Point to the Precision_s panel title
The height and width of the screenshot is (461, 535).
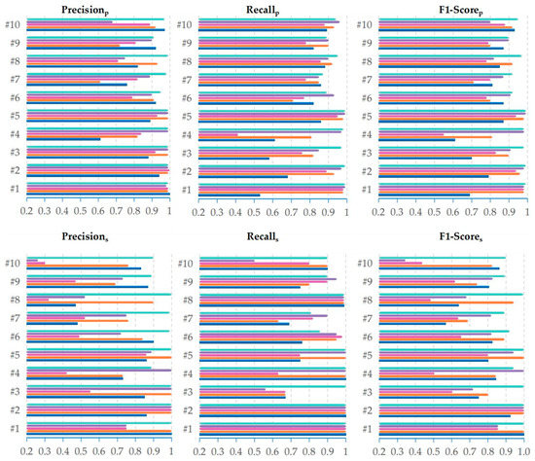[x=96, y=243]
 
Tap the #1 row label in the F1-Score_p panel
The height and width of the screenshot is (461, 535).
[x=368, y=190]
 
